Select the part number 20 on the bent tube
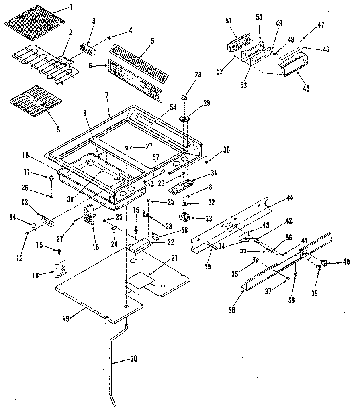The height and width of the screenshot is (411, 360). [133, 358]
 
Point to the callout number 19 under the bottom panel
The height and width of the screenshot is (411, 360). [66, 319]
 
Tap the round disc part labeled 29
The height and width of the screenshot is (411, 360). [186, 119]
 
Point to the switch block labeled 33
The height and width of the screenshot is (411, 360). [185, 217]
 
